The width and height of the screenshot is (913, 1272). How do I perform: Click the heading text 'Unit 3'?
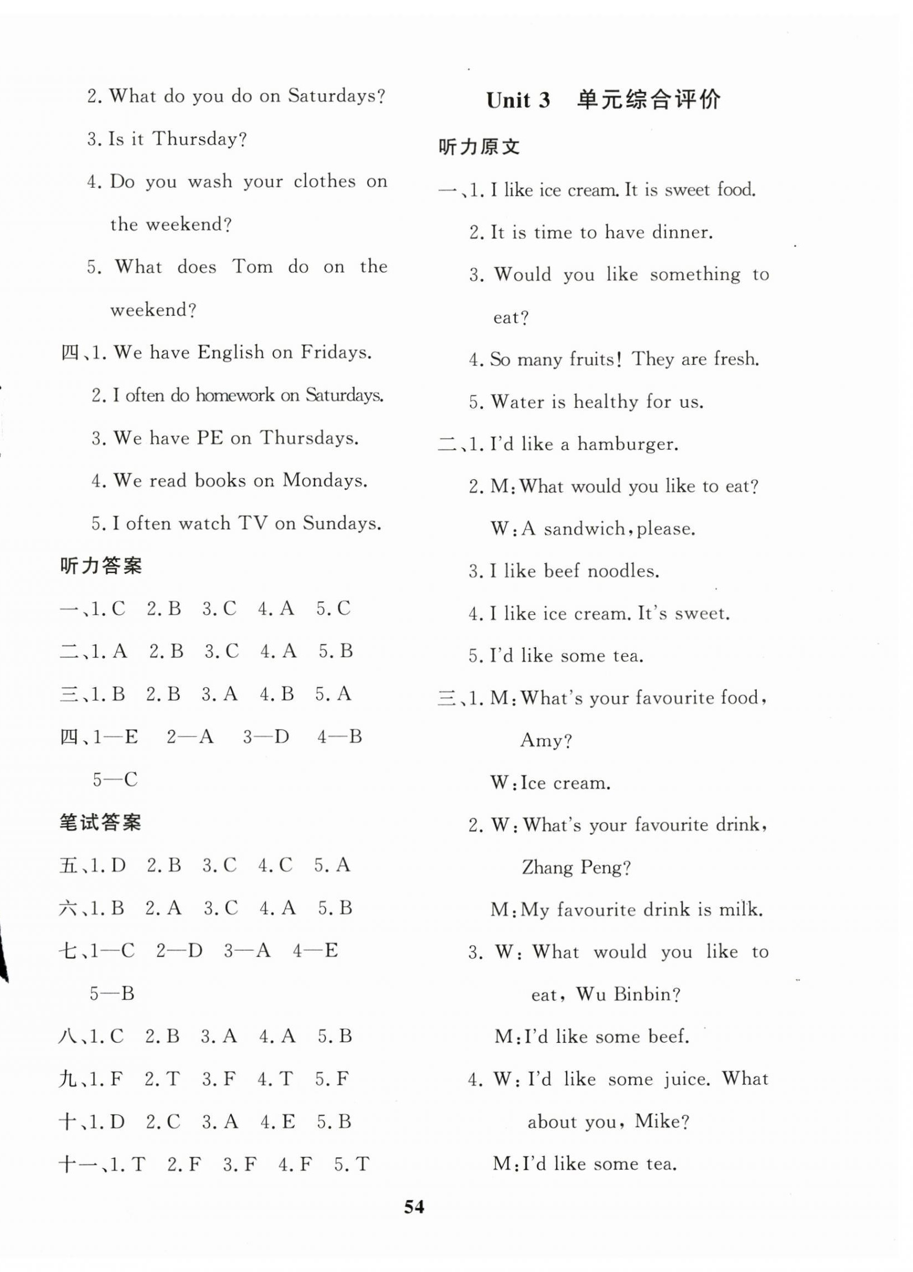pyautogui.click(x=518, y=100)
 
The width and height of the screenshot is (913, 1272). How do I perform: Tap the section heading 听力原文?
pyautogui.click(x=479, y=147)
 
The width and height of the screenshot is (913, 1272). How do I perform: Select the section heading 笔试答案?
pyautogui.click(x=100, y=822)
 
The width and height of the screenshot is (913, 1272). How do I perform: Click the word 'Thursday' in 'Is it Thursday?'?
pyautogui.click(x=199, y=139)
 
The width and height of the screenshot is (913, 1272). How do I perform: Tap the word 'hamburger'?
pyautogui.click(x=628, y=444)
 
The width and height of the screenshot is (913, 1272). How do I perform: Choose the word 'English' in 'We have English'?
pyautogui.click(x=231, y=352)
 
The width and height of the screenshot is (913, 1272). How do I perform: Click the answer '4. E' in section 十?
pyautogui.click(x=277, y=1122)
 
